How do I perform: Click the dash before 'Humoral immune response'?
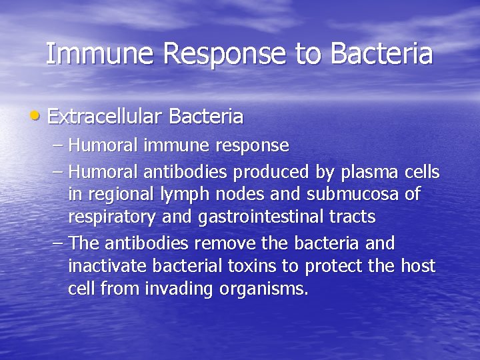click(x=58, y=145)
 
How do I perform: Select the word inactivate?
click(x=107, y=266)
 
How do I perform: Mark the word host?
click(x=418, y=266)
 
